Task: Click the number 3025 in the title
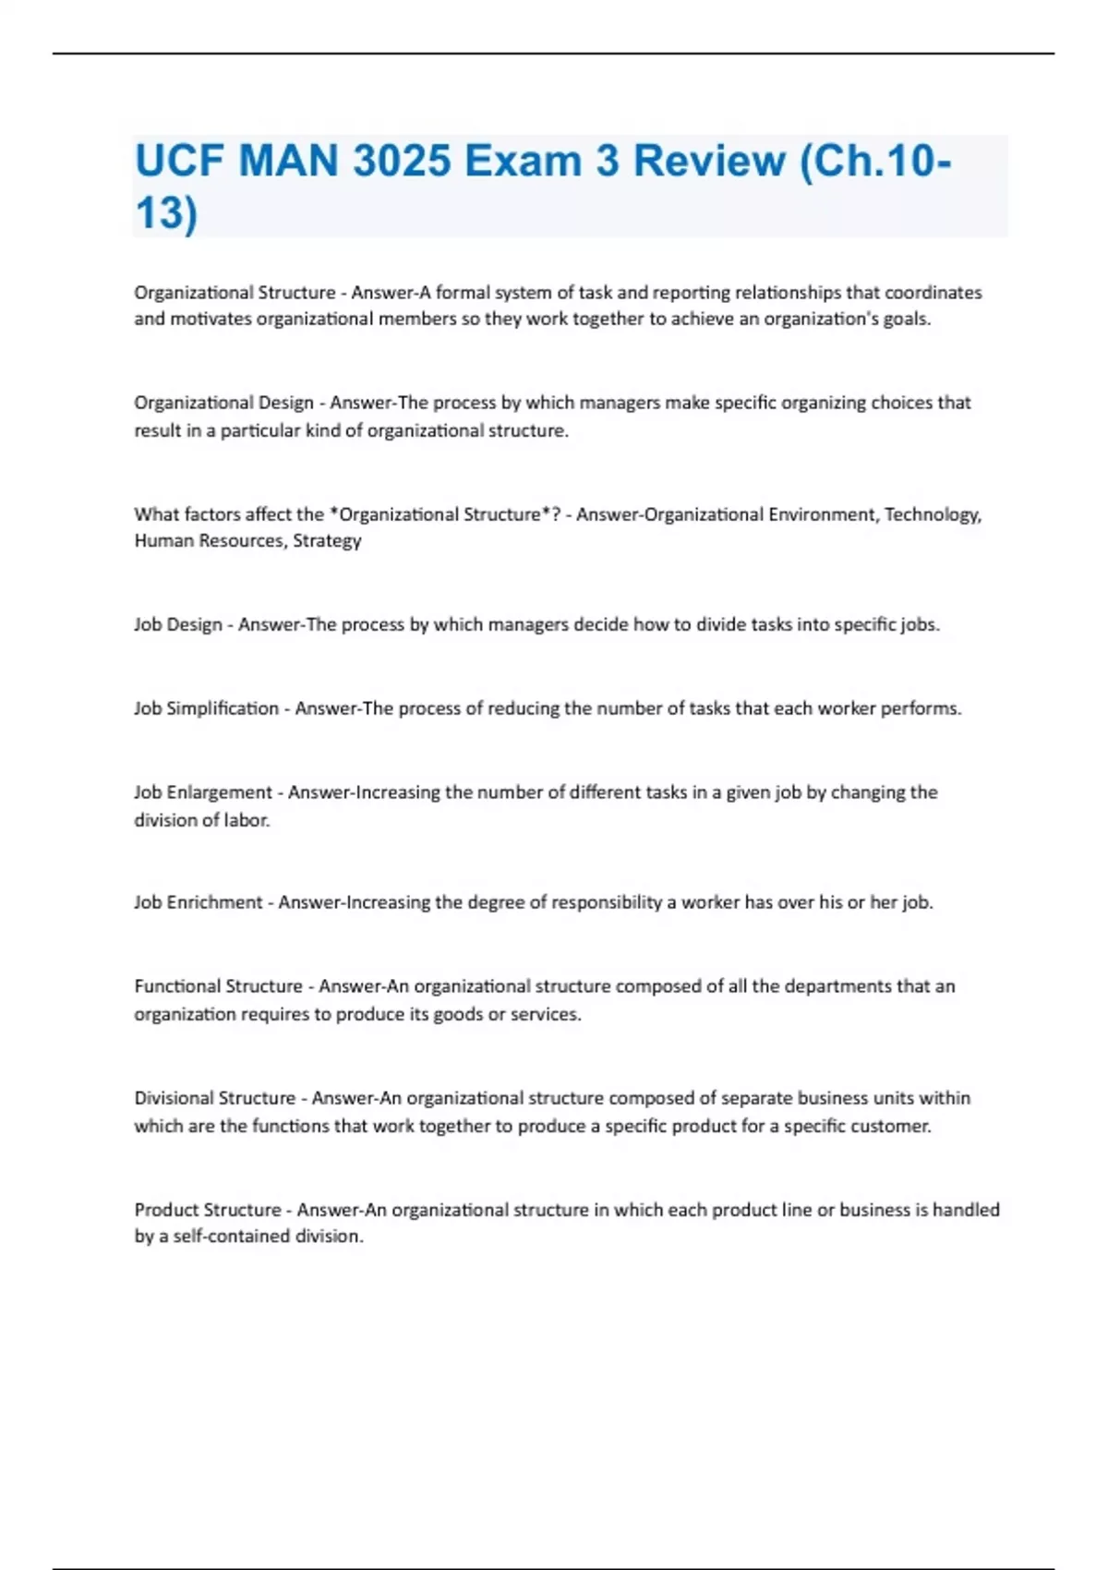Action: [x=402, y=162]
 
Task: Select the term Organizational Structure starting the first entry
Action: [x=235, y=293]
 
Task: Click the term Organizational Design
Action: [x=223, y=403]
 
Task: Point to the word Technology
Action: [x=933, y=514]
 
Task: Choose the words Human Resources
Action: [x=209, y=541]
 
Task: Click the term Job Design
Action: [x=178, y=624]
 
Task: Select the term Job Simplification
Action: [x=206, y=708]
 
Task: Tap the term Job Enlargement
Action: [x=203, y=792]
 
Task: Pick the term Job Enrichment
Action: [x=199, y=902]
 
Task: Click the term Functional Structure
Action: [x=218, y=986]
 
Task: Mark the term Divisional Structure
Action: [x=215, y=1098]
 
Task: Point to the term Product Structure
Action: [x=208, y=1210]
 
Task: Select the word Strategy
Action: [x=327, y=541]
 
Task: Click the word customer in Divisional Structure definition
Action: [x=894, y=1126]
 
